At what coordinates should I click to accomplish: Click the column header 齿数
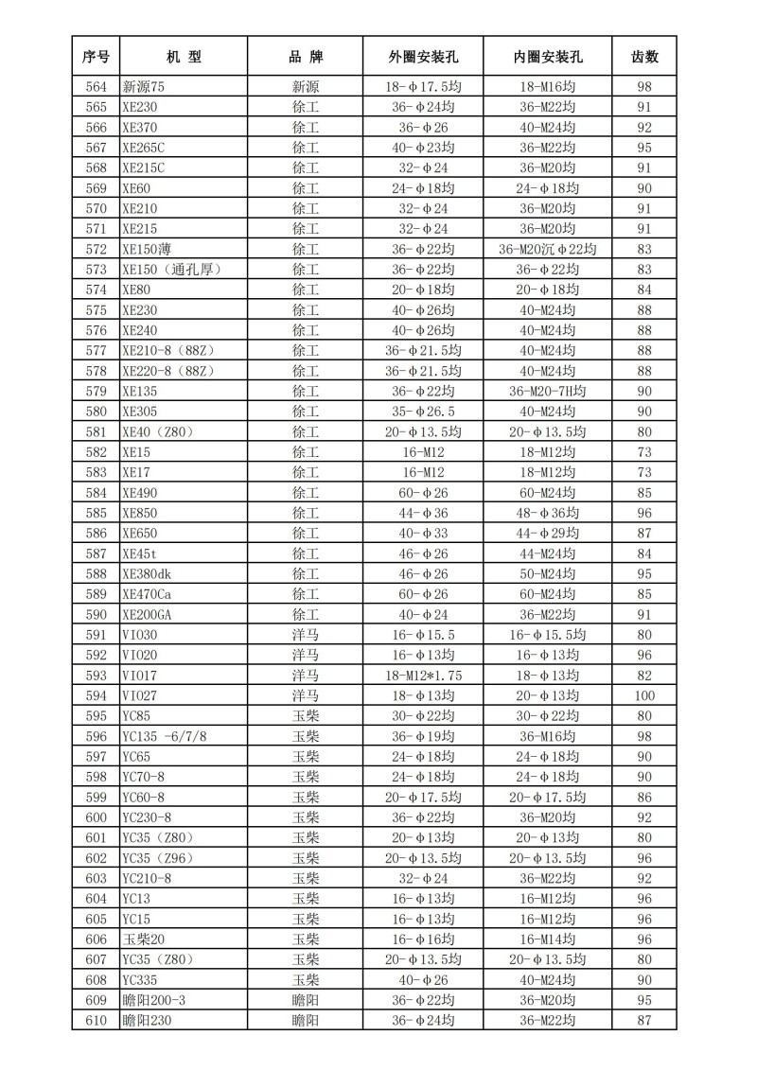coord(644,57)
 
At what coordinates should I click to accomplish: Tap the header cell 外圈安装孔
coord(423,57)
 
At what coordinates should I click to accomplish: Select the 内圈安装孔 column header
coord(548,57)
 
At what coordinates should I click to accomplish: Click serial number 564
coord(96,87)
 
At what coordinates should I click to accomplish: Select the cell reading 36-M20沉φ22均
coord(548,249)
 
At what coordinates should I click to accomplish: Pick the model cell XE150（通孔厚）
coord(171,270)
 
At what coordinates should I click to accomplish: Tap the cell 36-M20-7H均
coord(548,391)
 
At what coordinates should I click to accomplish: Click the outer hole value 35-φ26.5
coord(423,412)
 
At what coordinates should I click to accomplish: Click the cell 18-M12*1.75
coord(423,675)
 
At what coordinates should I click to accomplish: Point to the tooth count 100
coord(644,695)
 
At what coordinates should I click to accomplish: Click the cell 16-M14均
coord(548,939)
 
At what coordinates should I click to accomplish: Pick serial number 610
coord(96,1020)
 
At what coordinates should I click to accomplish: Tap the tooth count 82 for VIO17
coord(644,675)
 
